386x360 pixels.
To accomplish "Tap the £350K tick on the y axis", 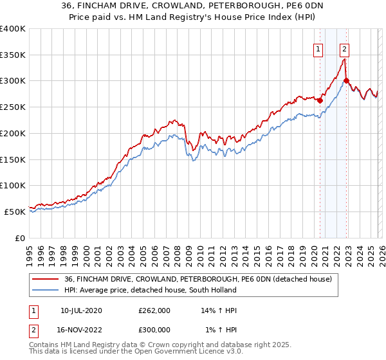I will pos(13,55).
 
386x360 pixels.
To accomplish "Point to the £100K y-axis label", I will pos(13,185).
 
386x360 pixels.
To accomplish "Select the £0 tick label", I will pos(19,238).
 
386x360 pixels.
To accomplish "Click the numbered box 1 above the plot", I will pos(318,48).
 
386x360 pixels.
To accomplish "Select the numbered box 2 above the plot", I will pos(345,48).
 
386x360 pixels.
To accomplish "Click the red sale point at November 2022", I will pos(347,80).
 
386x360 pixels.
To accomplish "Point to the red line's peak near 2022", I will pos(345,59).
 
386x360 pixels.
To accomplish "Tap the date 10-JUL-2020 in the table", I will pos(81,310).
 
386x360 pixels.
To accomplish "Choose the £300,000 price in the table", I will pos(154,330).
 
